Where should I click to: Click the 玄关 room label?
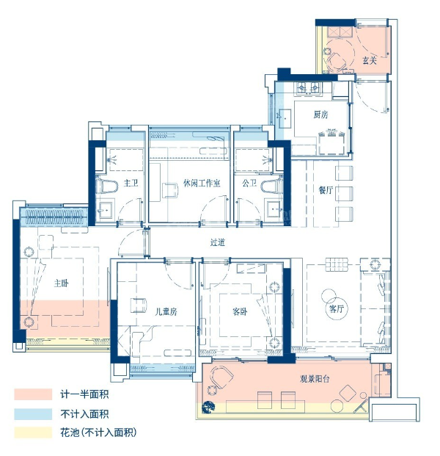coord(370,60)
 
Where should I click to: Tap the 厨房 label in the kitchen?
coord(320,115)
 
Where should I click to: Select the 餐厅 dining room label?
coord(326,190)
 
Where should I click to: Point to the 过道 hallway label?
coord(218,242)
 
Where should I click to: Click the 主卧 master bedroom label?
coord(62,283)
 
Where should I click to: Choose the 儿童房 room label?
coord(166,312)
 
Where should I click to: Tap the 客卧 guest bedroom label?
coord(240,312)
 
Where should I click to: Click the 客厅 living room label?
coord(337,308)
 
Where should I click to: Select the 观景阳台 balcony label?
coord(315,379)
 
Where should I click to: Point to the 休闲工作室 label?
coord(202,183)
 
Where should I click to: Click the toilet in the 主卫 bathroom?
coord(107,186)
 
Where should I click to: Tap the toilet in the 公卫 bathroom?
coord(272,186)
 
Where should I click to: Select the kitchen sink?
coord(285,118)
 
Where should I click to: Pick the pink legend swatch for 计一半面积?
coord(33,394)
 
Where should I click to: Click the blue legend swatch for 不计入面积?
coord(33,414)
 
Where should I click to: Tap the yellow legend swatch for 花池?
coord(33,433)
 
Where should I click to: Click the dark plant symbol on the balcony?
coord(208,407)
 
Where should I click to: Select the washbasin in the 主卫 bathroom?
coord(104,209)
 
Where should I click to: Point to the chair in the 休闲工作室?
coord(170,190)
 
